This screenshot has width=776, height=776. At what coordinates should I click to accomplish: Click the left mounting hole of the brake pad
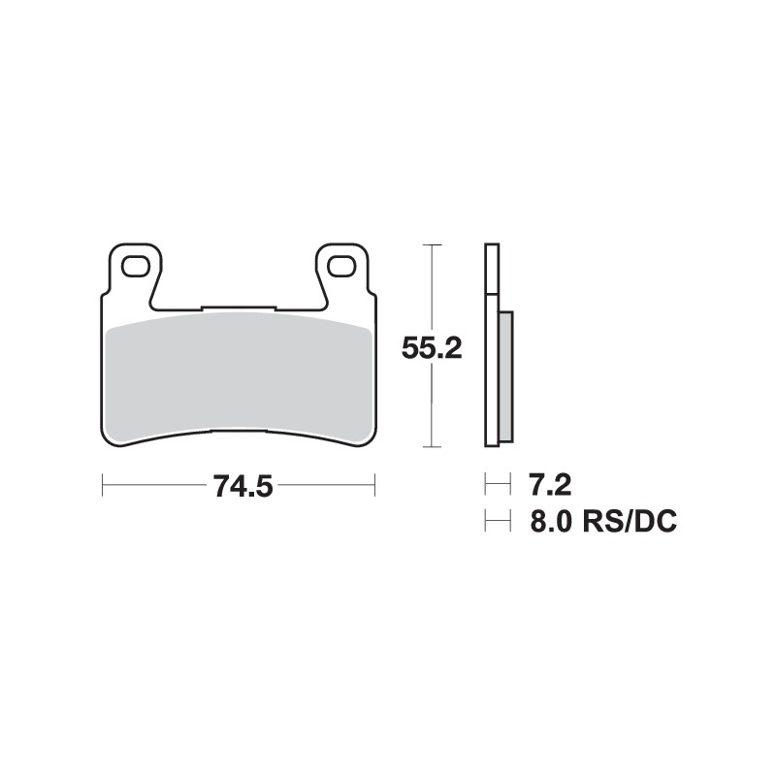click(133, 264)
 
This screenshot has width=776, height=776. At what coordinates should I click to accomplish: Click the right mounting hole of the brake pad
click(341, 264)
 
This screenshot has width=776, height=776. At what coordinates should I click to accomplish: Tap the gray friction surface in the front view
click(238, 378)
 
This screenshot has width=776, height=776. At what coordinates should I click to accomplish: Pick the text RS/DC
click(630, 523)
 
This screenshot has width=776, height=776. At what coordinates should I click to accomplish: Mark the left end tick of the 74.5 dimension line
click(103, 482)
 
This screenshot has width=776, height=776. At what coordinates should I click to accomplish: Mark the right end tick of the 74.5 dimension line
click(374, 482)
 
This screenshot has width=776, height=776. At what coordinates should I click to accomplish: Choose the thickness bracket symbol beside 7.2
click(497, 482)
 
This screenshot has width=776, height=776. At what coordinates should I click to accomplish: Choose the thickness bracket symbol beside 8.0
click(497, 523)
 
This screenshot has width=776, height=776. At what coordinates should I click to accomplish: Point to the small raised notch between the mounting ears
click(238, 309)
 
